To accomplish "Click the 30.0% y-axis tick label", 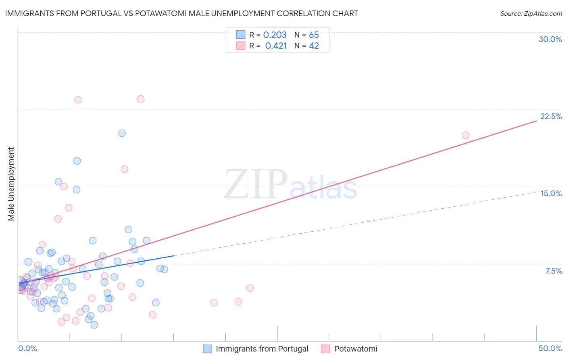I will coord(550,39).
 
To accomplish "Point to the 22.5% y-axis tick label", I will coord(551,116).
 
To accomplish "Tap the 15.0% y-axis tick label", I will coord(551,193).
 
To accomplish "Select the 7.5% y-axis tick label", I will coord(553,271).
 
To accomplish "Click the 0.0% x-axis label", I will coord(27,348).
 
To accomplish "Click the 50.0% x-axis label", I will coord(550,348).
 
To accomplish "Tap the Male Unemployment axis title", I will coord(11,184).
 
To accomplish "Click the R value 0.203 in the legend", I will coord(275,35).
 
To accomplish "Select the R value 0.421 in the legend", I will coord(276,46).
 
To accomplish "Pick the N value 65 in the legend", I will coord(314,35).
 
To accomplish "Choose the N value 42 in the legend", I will coord(314,46).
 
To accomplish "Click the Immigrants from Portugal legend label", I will coord(262,349).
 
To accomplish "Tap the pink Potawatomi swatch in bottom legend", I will coord(325,349).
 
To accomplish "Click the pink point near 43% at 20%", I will coord(465,135).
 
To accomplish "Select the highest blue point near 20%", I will coord(122,133).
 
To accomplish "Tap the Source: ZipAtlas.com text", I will coord(531,13).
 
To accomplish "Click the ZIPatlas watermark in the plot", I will coord(290,185).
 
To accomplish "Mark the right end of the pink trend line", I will coord(536,121).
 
